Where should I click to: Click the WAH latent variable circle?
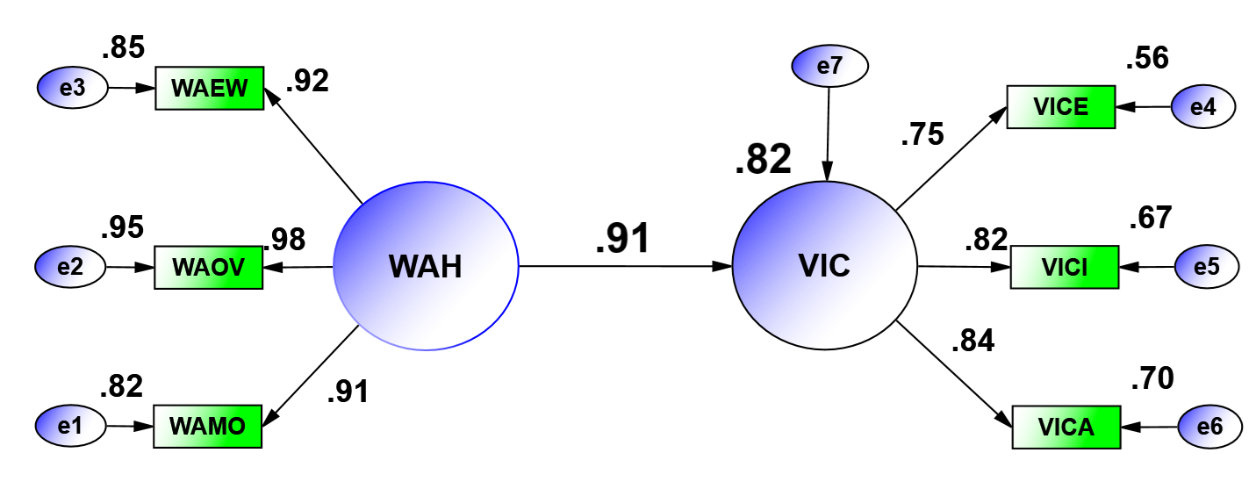tap(426, 265)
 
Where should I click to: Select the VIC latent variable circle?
tap(824, 265)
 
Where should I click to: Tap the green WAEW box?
tap(210, 88)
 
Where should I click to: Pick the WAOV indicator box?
tap(209, 267)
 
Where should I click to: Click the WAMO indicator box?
tap(209, 427)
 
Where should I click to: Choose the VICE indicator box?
tap(1060, 107)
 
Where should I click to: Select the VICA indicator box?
tap(1066, 428)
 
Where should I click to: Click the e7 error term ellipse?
tap(829, 66)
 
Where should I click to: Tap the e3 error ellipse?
tap(72, 88)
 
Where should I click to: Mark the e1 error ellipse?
tap(70, 427)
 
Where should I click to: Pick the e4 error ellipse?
tap(1203, 107)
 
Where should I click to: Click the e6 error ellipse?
tap(1209, 428)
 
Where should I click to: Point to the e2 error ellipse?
tap(70, 267)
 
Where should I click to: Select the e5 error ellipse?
tap(1206, 267)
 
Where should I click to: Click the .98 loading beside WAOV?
tap(285, 239)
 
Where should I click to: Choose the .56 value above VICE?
tap(1147, 60)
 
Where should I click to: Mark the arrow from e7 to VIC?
tap(827, 132)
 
